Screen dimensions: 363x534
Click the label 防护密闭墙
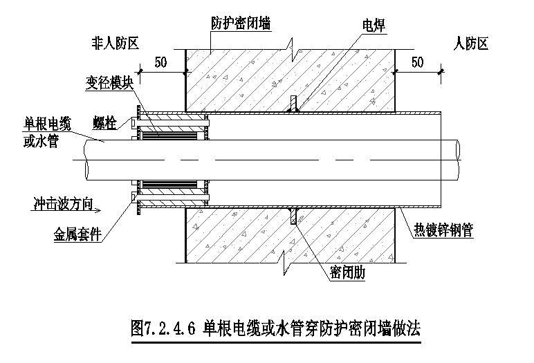click(x=240, y=24)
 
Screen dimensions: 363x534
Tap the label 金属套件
click(x=78, y=235)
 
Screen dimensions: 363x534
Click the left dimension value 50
click(x=160, y=62)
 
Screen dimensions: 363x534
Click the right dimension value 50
click(x=417, y=62)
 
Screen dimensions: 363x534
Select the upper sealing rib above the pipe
click(x=294, y=103)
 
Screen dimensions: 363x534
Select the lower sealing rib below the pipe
click(x=294, y=216)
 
